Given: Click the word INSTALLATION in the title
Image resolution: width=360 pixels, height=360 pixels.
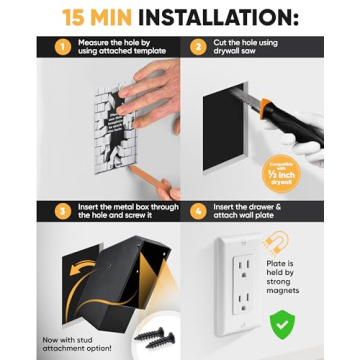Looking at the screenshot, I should click(217, 16).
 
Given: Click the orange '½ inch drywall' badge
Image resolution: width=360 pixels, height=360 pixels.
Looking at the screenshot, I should click(282, 176).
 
